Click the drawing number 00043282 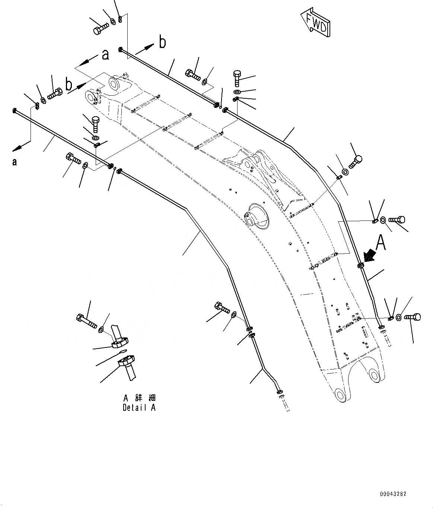click(x=393, y=494)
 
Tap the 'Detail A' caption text click(x=139, y=407)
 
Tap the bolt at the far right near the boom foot click(x=411, y=317)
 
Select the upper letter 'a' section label click(x=105, y=55)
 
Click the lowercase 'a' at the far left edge click(x=15, y=162)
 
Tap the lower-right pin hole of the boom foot click(x=375, y=374)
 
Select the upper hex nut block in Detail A click(x=120, y=342)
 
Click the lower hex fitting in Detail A click(x=126, y=361)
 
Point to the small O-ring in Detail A click(x=122, y=351)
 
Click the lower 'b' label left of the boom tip click(x=69, y=85)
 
